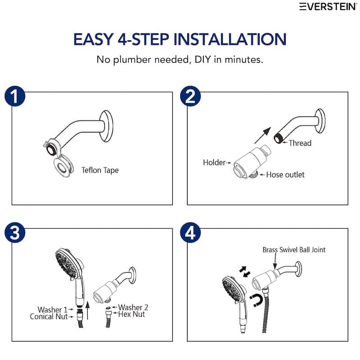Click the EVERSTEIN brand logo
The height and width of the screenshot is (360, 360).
point(328,6)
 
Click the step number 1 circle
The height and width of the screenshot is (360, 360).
point(15,96)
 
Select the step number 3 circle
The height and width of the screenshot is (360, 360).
point(15,233)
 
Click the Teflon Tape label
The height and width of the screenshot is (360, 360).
point(100,171)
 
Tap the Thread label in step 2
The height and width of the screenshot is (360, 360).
point(300,143)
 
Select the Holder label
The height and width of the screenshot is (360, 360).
point(214,162)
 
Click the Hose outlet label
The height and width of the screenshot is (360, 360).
point(285,175)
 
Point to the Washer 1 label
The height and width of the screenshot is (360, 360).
point(52,310)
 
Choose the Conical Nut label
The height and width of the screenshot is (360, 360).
point(49,317)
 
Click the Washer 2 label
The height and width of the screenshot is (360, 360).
point(133,307)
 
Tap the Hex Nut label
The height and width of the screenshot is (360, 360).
point(131,315)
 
